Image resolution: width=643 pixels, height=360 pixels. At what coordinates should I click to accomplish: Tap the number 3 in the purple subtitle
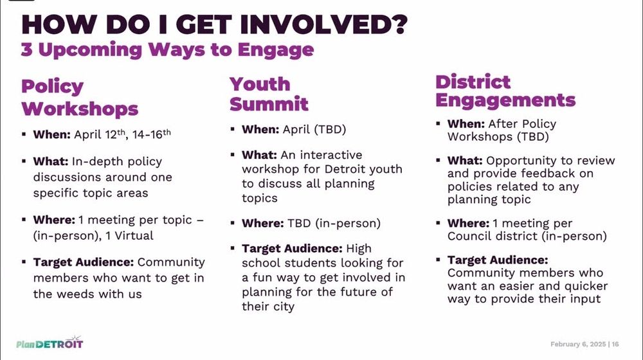click(26, 50)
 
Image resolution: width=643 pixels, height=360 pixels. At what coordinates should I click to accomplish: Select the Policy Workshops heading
click(80, 98)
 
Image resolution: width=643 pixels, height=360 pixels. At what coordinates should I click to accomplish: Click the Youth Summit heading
click(269, 94)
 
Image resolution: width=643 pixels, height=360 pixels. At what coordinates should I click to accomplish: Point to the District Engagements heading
click(505, 91)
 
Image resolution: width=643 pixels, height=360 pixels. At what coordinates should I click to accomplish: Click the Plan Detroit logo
click(50, 343)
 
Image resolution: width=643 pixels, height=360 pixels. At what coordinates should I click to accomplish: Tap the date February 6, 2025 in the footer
click(578, 345)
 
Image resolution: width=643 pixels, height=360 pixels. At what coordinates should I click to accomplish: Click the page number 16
click(615, 345)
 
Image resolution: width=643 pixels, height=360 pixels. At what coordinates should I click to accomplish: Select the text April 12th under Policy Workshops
click(100, 134)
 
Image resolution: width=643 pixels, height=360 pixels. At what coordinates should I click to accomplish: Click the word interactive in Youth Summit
click(331, 155)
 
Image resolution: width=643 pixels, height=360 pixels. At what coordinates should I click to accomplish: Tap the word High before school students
click(359, 249)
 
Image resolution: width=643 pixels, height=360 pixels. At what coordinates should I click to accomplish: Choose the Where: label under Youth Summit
click(262, 224)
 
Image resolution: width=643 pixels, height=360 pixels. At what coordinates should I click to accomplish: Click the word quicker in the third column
click(586, 286)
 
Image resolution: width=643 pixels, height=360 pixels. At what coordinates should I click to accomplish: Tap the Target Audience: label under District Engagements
click(498, 260)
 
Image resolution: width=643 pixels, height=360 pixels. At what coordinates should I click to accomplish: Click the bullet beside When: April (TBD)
click(233, 129)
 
